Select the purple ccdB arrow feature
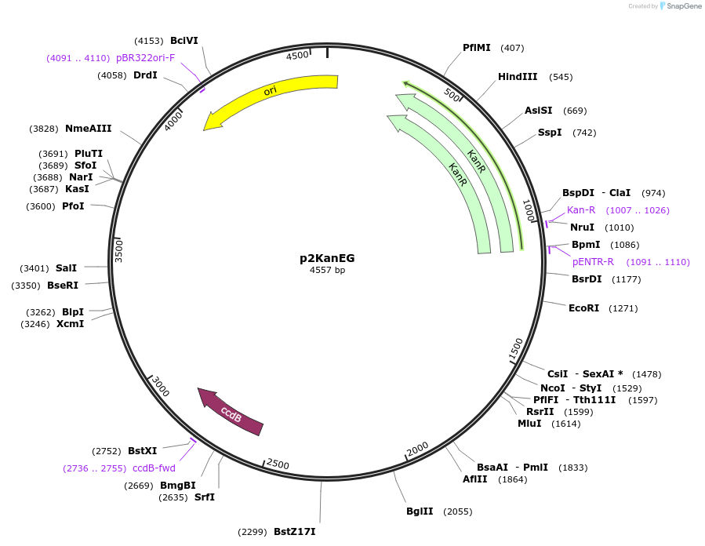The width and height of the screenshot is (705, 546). [231, 412]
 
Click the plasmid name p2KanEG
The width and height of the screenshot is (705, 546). [327, 257]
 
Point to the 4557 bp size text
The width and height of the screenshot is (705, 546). [327, 271]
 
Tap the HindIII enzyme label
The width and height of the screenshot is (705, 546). [518, 77]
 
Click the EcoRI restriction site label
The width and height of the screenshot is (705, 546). [583, 308]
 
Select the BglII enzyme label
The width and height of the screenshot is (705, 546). [420, 511]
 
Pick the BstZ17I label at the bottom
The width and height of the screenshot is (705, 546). [294, 532]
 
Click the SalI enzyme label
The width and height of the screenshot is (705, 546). [66, 268]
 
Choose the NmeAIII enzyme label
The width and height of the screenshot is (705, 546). [88, 129]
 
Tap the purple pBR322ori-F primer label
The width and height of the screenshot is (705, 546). [145, 57]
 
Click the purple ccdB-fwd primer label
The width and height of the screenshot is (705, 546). [154, 468]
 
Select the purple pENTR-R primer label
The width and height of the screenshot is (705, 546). [593, 262]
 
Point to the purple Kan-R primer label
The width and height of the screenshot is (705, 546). [581, 210]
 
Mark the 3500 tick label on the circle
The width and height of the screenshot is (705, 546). [119, 250]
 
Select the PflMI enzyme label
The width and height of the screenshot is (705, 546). [477, 48]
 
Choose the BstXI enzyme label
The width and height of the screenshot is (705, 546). [143, 451]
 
